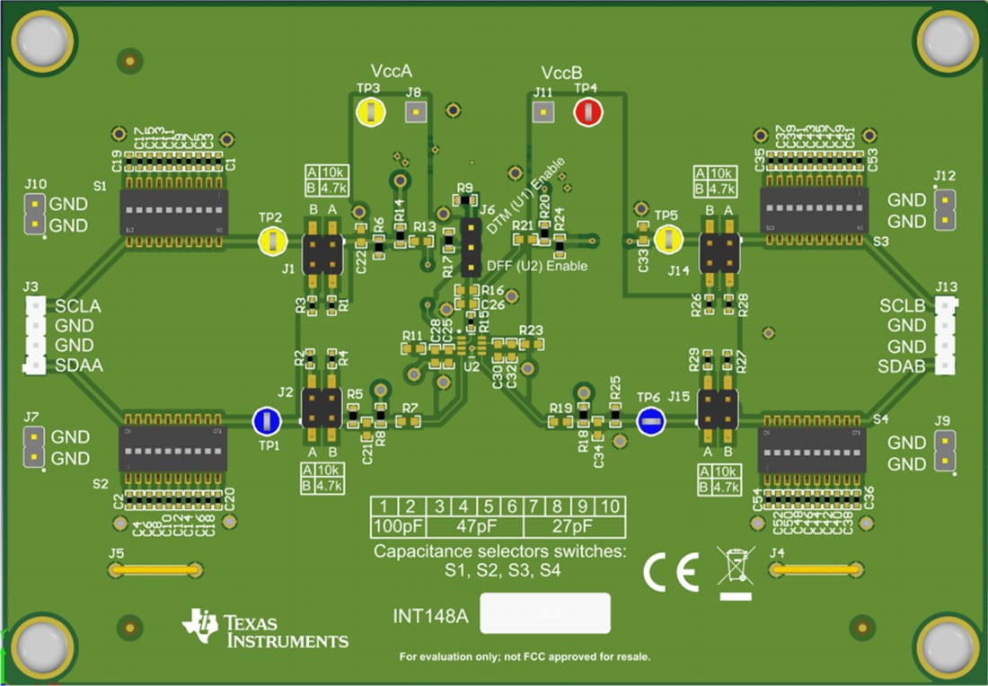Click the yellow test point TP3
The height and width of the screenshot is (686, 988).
click(369, 112)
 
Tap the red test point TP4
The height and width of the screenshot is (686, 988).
click(587, 112)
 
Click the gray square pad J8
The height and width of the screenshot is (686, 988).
click(415, 112)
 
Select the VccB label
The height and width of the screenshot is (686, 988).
click(561, 72)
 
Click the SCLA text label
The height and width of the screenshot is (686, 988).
click(77, 306)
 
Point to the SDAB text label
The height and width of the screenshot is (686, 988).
click(902, 366)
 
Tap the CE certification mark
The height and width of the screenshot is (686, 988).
click(671, 573)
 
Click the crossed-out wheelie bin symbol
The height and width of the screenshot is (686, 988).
click(734, 567)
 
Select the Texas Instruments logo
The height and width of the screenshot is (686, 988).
click(265, 629)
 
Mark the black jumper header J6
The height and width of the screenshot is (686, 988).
click(470, 247)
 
